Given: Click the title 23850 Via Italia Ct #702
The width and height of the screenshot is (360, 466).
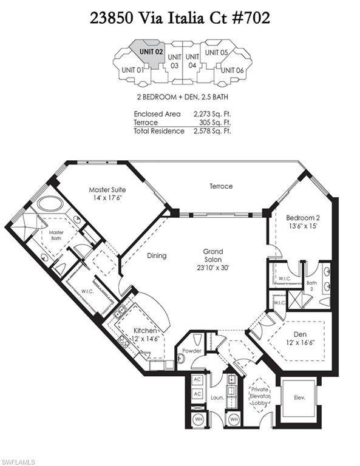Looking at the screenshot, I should point(180,18).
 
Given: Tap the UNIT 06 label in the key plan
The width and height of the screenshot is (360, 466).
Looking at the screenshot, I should point(232,70).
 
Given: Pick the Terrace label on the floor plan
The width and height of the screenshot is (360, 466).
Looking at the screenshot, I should point(221,186).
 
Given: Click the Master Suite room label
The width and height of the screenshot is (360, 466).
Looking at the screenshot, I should point(106,193).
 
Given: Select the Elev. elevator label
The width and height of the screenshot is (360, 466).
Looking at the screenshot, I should point(298,399).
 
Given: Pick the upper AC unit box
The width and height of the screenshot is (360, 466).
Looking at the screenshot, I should point(197,380).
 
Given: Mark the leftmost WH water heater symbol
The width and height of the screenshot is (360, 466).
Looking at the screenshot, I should point(197,419).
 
